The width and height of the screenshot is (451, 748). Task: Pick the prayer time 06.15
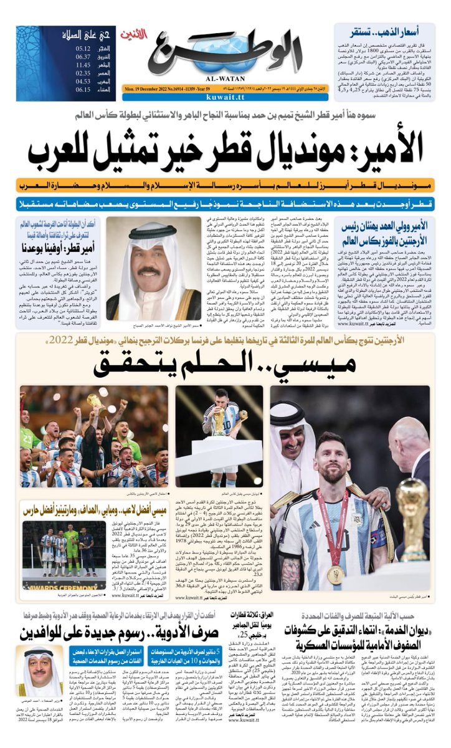pos(83,89)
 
